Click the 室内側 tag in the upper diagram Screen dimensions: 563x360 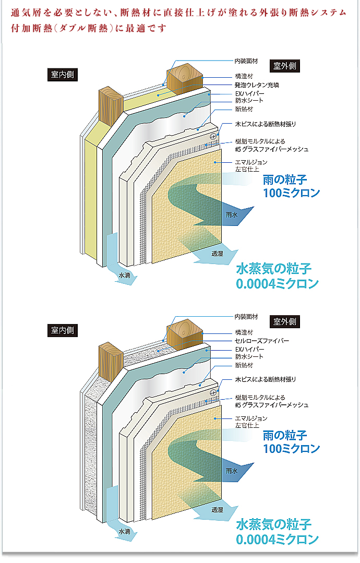pos(62,75)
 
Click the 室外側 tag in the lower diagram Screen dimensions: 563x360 pos(285,321)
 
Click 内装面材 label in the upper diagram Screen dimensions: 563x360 pos(246,61)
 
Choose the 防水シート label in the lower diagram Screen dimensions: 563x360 pos(249,357)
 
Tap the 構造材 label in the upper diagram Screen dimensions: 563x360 pos(244,76)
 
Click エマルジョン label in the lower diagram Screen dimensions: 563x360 pos(251,418)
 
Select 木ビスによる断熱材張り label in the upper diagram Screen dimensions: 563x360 pos(265,124)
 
